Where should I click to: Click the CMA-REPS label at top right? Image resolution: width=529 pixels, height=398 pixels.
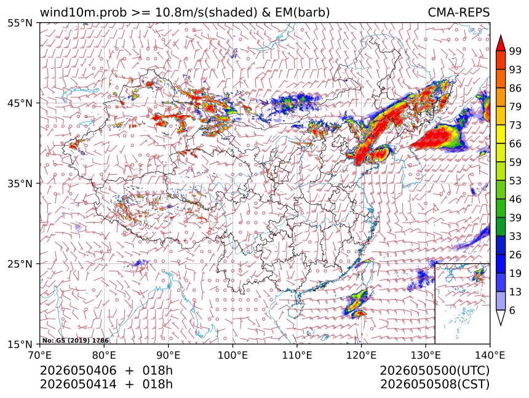pos(458,12)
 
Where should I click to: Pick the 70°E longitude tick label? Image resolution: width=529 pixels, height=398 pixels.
pos(40,356)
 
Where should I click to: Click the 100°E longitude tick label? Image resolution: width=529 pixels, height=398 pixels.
pos(233,356)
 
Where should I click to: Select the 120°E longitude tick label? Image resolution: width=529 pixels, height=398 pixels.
pos(361,356)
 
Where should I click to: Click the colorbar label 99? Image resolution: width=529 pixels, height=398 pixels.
pos(515,51)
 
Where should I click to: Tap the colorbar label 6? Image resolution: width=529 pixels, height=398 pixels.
pos(512,310)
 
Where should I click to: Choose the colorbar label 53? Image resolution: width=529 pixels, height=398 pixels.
pos(515,181)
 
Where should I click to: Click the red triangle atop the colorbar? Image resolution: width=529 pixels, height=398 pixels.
pos(501,44)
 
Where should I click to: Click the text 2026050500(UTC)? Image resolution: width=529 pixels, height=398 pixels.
pos(434,371)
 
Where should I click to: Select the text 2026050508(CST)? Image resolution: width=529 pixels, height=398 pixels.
pos(434,384)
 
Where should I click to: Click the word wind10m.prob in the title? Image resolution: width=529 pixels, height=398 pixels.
pos(84,13)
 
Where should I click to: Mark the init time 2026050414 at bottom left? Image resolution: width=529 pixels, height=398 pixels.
pos(78,384)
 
